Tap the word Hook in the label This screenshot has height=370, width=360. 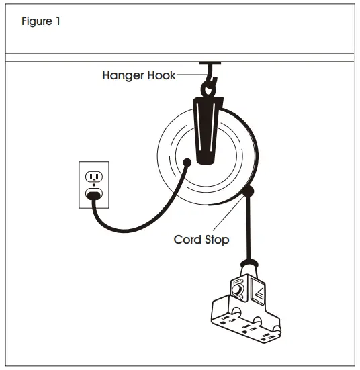point(160,75)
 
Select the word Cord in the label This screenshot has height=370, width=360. point(188,238)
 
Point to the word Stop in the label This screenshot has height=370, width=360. point(219,238)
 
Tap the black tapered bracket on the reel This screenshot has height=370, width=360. point(206,128)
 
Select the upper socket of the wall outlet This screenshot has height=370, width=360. point(93,177)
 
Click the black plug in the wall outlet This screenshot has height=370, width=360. point(93,195)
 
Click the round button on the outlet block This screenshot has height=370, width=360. point(238,291)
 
